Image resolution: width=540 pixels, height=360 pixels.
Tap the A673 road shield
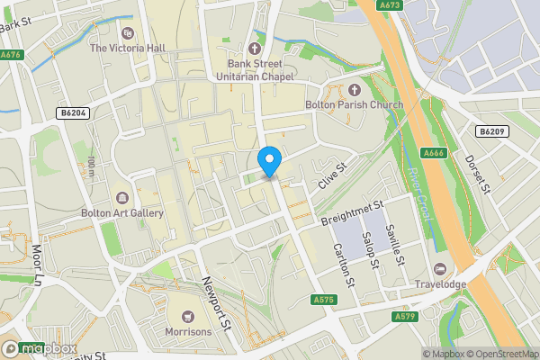click(390, 5)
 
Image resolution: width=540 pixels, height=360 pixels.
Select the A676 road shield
click(12, 55)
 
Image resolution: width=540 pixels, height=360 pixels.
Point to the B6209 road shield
click(491, 131)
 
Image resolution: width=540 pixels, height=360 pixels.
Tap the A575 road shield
click(325, 299)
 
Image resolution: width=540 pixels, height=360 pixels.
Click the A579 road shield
click(404, 317)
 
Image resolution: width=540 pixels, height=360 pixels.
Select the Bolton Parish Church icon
click(353, 90)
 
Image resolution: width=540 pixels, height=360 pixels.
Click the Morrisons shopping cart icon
click(188, 316)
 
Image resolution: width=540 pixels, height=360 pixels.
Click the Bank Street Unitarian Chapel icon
click(255, 49)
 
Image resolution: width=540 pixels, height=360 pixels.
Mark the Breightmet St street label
click(352, 212)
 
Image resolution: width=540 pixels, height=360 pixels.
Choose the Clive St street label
click(330, 176)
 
